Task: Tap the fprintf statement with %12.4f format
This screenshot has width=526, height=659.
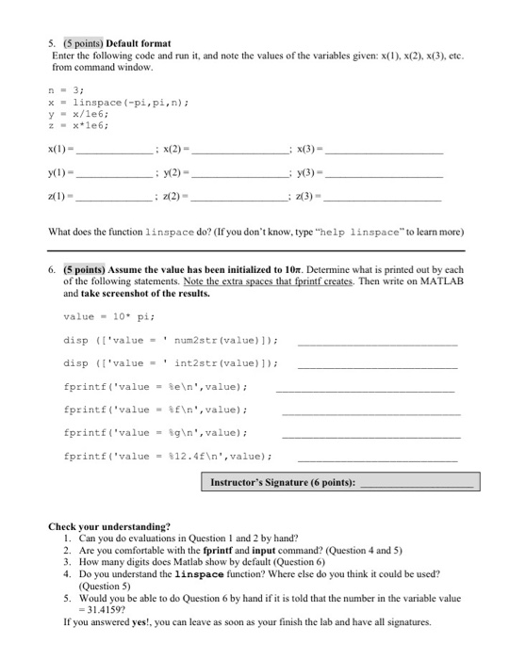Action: pos(168,456)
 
